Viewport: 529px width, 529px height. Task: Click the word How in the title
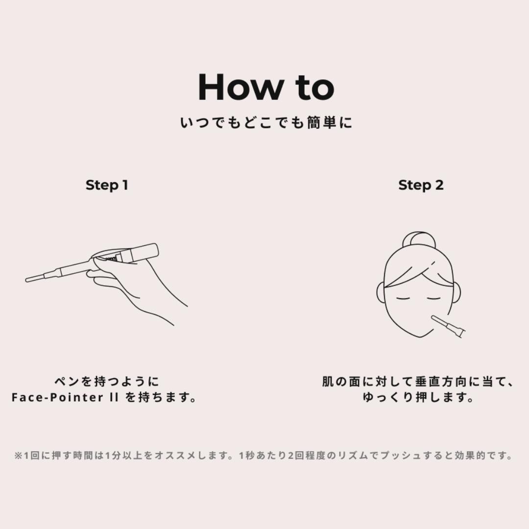240,87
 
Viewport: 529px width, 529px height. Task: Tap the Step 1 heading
107,185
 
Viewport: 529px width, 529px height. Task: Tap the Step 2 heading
421,185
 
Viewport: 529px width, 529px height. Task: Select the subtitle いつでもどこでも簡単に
266,123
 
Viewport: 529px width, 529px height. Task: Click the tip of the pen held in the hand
27,280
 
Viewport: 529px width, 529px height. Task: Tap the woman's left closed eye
404,299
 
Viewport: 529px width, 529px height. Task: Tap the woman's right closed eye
434,299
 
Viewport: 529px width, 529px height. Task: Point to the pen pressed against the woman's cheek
448,326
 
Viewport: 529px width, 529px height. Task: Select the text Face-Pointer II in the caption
65,397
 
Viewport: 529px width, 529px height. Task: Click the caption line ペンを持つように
107,382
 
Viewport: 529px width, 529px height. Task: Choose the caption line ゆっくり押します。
419,397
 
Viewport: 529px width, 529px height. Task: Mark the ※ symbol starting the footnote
18,456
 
